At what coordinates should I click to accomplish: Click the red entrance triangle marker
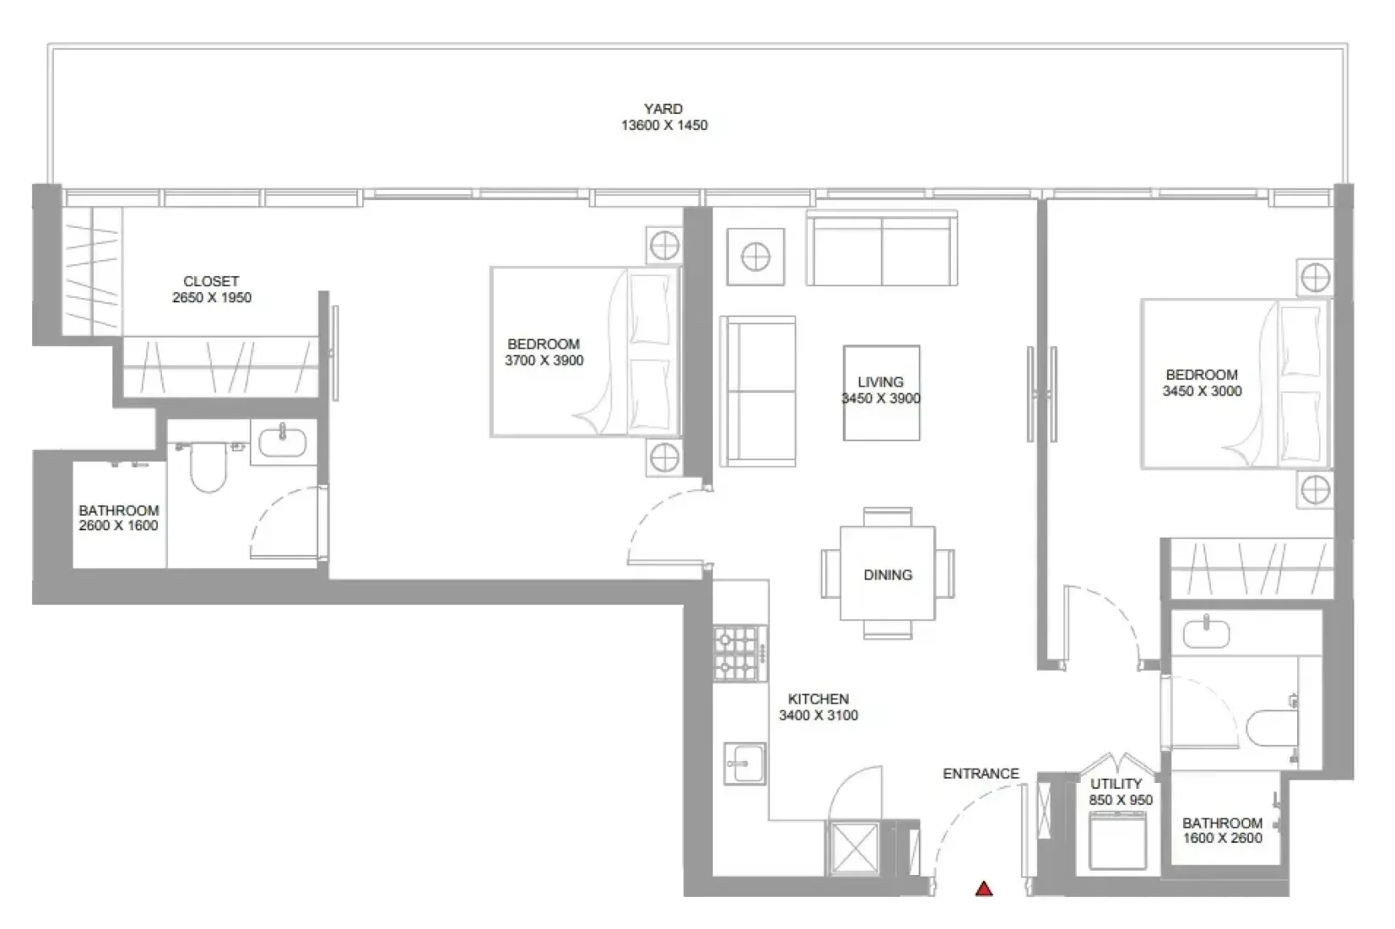(984, 888)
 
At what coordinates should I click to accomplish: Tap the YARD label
(663, 109)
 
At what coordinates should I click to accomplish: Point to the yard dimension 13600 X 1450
(664, 125)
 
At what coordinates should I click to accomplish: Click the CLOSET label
(211, 281)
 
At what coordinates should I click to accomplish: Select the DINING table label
(887, 574)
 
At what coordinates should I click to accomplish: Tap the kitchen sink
(744, 763)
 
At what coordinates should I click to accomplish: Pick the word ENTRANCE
(981, 774)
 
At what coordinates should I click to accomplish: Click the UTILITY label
(1116, 784)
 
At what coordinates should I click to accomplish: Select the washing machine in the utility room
(1118, 840)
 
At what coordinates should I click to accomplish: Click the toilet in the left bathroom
(208, 465)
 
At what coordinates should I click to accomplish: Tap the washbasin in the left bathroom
(283, 442)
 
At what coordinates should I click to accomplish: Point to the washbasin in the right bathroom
(1207, 633)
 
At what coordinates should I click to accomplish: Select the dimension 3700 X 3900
(544, 360)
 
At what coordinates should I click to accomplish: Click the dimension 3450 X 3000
(1202, 391)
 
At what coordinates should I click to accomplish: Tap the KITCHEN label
(818, 699)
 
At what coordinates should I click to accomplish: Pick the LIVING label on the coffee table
(881, 382)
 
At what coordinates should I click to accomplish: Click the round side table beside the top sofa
(756, 257)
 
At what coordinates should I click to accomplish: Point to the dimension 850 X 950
(1121, 800)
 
